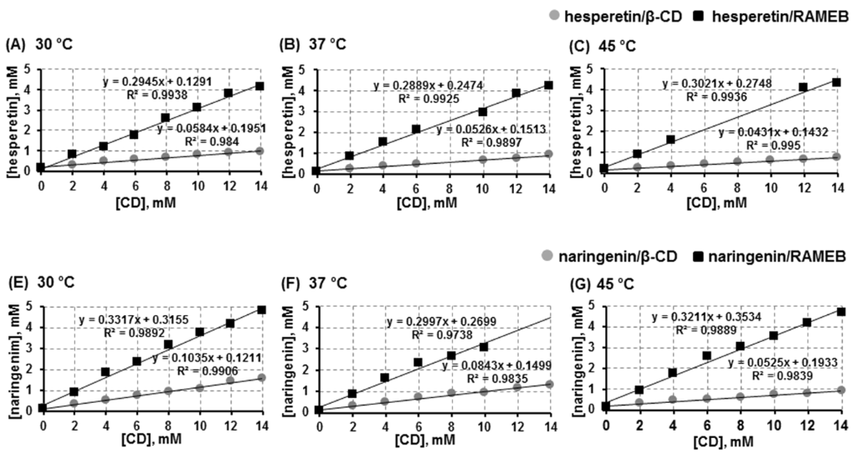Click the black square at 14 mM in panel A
(259, 86)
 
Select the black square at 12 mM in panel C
(803, 87)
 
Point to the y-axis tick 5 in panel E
(30, 307)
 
